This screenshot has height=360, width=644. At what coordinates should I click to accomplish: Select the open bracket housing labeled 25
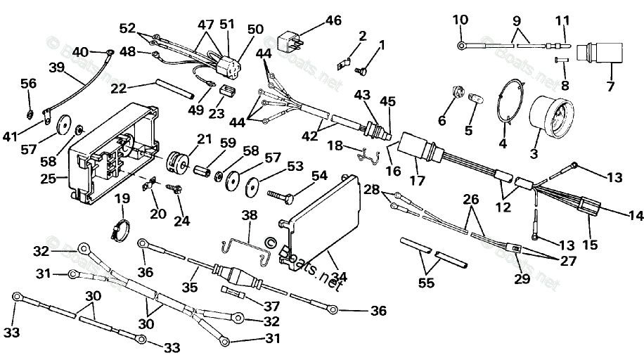pos(112,155)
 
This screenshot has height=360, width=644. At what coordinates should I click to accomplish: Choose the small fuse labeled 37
pos(234,291)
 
